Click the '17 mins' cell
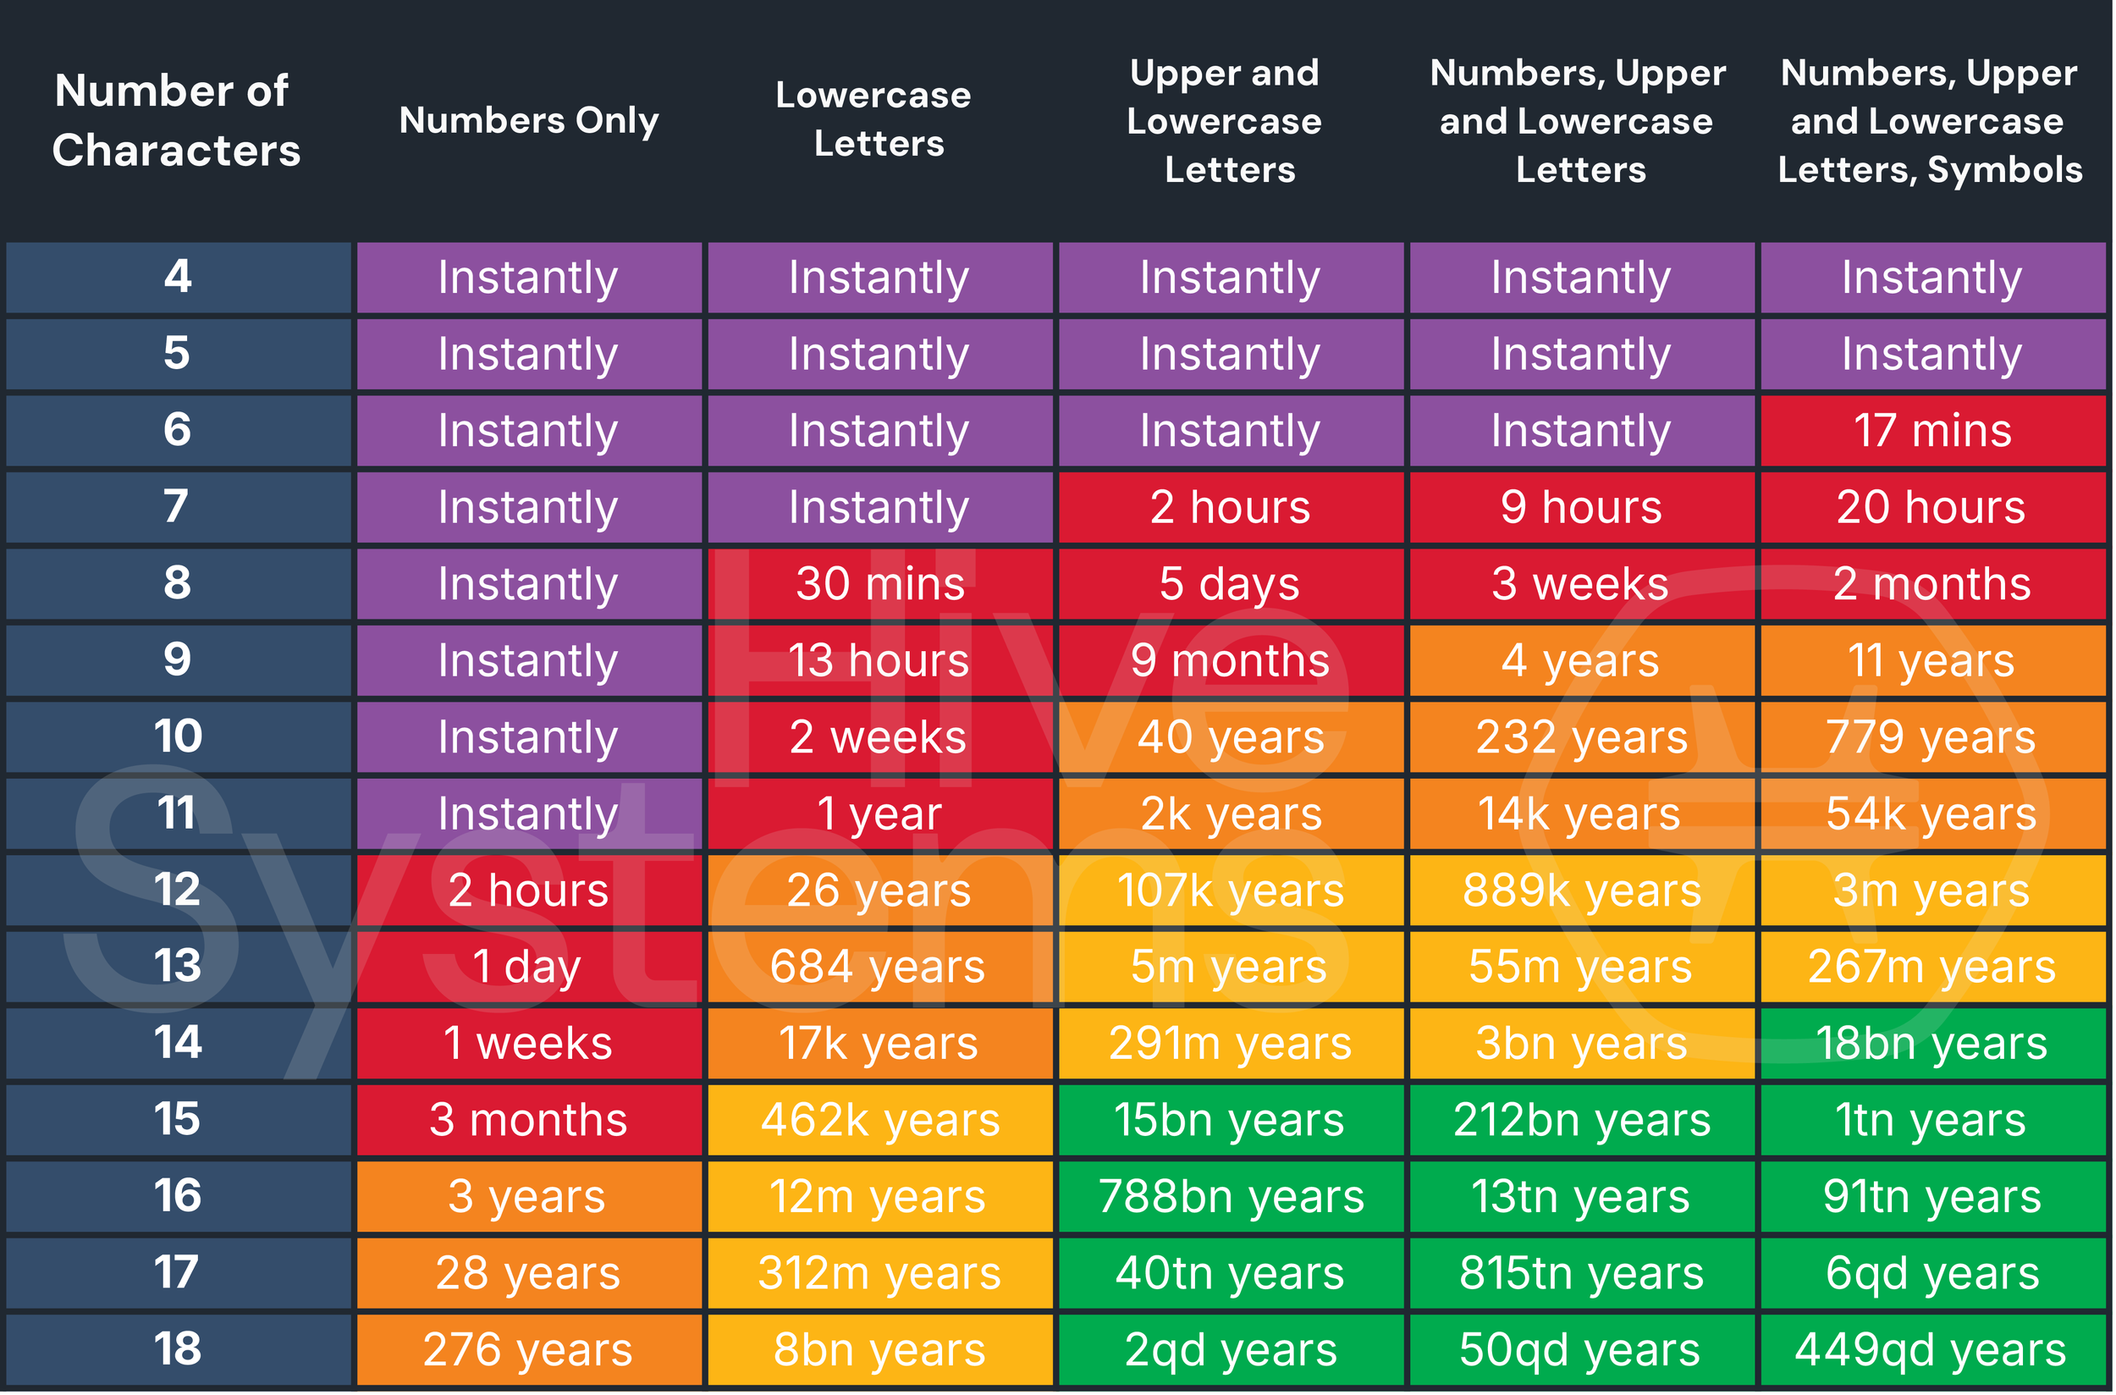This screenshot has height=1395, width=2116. coord(1931,431)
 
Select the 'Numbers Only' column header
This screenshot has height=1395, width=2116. coord(529,120)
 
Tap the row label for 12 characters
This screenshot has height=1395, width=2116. coord(178,890)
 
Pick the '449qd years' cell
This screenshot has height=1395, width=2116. coord(1931,1349)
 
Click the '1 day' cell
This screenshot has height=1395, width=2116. coord(529,967)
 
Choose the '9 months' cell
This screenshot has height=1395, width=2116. coord(1230,660)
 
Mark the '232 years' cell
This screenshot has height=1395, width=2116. coord(1581,736)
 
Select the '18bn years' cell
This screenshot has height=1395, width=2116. coord(1931,1044)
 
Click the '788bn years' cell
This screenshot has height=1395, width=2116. coord(1230,1197)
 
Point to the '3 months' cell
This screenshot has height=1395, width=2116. coord(529,1120)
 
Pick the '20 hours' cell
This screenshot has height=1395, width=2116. coord(1931,507)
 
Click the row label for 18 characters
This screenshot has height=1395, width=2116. coord(178,1349)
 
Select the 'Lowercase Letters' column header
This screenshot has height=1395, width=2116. coord(875,120)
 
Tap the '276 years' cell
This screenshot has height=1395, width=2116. coord(529,1349)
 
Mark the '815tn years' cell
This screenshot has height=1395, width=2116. coord(1581,1273)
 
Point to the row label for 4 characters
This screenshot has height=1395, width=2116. coord(178,277)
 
